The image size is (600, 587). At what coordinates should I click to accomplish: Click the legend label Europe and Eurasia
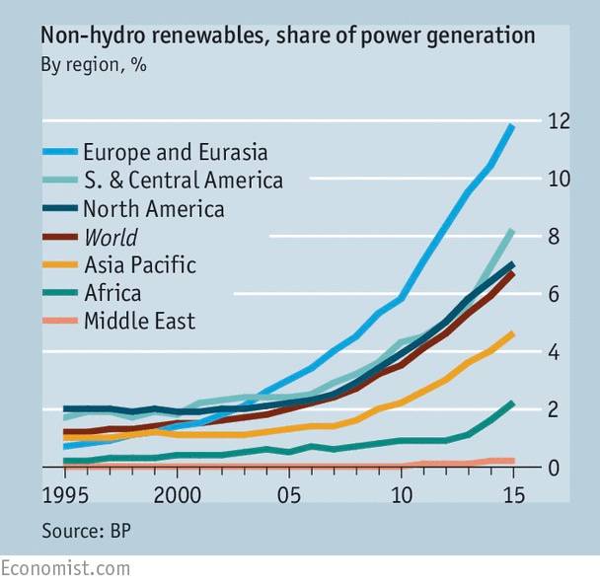pos(176,153)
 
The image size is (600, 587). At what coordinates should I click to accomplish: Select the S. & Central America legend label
pos(183,181)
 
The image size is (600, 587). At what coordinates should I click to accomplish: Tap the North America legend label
pos(153,209)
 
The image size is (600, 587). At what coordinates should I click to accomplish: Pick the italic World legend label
pos(111,237)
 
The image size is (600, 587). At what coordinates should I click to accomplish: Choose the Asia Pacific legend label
pos(139,265)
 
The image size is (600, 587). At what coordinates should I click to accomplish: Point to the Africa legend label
pos(112,293)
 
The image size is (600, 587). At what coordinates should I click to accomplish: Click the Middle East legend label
pos(139,321)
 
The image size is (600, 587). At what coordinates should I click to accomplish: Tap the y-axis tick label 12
pos(560,121)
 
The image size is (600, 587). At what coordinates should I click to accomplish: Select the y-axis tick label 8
pos(560,237)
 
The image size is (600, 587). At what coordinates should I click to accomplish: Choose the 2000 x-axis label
pos(177,493)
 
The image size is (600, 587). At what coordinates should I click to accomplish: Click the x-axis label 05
pos(288,493)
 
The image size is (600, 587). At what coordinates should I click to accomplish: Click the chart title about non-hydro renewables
pos(287,37)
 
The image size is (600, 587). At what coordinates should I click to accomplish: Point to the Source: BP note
pos(87,531)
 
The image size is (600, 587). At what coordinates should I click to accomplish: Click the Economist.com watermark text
pos(65,569)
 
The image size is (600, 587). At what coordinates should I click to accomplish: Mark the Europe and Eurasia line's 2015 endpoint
pos(511,126)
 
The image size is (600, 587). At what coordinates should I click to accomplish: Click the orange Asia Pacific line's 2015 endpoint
pos(511,334)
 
